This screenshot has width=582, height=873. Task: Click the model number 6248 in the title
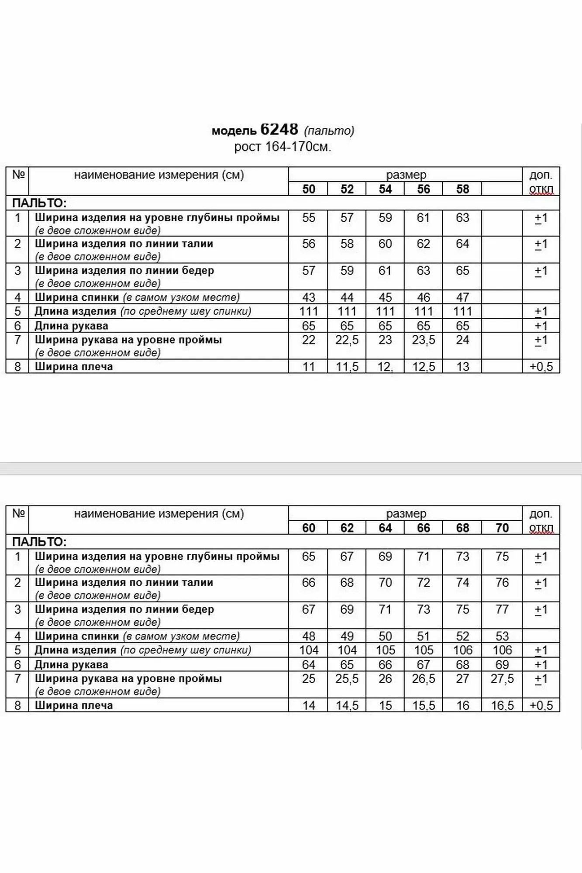point(279,129)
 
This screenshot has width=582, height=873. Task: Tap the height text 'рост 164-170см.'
point(282,147)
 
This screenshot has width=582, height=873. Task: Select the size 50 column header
point(308,189)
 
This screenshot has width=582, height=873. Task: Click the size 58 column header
point(462,189)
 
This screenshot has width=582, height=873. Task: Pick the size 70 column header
point(502,528)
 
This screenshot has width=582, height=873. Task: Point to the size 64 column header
point(385,528)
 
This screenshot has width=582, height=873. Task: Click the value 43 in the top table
point(308,297)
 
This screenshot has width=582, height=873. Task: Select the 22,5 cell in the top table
point(347,340)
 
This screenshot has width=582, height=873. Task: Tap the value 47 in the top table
point(462,297)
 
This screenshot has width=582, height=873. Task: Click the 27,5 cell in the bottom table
point(502,679)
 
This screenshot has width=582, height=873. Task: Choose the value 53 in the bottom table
point(502,636)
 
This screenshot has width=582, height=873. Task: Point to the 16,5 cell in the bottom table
point(502,705)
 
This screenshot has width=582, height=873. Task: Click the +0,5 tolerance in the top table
point(541,367)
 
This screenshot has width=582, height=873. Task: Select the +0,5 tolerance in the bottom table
point(541,705)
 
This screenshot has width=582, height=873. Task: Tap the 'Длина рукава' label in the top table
point(72,326)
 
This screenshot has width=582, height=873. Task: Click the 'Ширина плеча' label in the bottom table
point(74,705)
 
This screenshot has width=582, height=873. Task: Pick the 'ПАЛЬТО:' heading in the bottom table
point(39,542)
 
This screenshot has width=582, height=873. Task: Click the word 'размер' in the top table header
point(406,175)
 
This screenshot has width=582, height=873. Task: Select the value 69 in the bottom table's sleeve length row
point(502,665)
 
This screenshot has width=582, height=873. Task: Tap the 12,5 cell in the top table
point(424,367)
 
